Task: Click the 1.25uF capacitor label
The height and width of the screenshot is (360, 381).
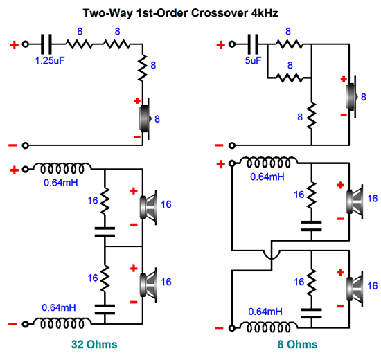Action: pos(50,61)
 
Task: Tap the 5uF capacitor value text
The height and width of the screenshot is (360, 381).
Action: pos(253,61)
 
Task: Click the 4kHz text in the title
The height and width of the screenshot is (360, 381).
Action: pos(265,13)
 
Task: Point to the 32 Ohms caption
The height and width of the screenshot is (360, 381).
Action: pos(94,345)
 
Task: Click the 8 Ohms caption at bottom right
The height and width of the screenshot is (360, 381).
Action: pos(297,345)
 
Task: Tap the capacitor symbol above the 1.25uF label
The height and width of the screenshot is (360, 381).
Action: pos(46,44)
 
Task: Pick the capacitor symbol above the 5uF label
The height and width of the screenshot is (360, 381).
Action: pos(253,44)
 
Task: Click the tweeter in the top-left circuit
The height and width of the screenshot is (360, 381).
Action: pos(145,118)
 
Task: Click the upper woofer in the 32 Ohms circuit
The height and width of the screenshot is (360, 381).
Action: pos(148,208)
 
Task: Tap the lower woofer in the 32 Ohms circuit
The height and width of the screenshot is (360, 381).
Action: pos(148,285)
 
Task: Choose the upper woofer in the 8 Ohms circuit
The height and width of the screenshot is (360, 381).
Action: pos(355,201)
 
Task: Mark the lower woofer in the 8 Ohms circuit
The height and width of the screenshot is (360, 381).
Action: pos(355,289)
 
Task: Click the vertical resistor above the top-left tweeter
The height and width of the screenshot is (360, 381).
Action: pos(143,68)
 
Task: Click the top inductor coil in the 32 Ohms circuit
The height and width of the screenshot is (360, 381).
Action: pos(62,168)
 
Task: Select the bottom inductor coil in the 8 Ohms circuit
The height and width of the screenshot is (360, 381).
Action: pos(269,327)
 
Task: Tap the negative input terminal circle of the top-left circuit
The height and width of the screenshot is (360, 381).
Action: pos(25,145)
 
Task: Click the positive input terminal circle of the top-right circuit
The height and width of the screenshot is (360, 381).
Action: pos(232,44)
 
